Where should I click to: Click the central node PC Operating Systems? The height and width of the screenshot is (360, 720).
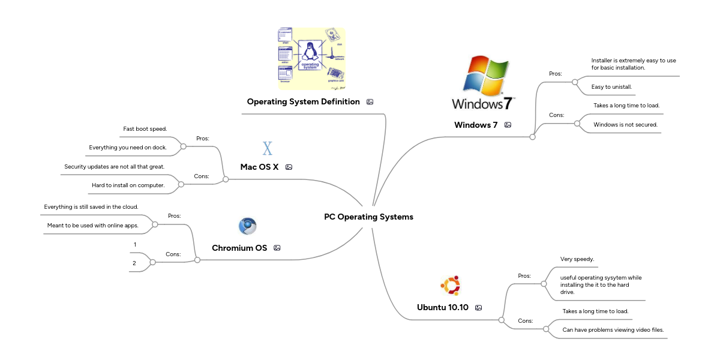(x=368, y=217)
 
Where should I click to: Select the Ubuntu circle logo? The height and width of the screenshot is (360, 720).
(x=450, y=286)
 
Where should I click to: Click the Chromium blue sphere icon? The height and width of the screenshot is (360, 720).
(x=247, y=226)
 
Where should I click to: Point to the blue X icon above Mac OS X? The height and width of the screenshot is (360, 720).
(x=268, y=148)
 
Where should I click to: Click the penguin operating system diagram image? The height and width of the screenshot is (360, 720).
(x=311, y=58)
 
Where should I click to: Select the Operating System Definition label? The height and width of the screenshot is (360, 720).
(x=303, y=101)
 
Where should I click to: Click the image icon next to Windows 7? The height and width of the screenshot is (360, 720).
(x=508, y=125)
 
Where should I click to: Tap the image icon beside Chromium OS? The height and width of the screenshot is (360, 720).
(x=277, y=248)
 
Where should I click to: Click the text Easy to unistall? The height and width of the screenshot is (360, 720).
(x=611, y=87)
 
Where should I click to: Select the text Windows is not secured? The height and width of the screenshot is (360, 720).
(x=625, y=125)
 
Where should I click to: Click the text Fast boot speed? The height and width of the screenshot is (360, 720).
(x=145, y=128)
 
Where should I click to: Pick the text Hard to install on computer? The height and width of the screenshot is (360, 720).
(x=128, y=185)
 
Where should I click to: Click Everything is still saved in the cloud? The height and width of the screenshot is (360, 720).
(x=91, y=206)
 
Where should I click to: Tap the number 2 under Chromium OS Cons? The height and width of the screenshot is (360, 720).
(x=134, y=263)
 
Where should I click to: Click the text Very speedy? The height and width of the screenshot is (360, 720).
(x=577, y=259)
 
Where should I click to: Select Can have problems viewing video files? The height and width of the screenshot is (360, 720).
(x=613, y=330)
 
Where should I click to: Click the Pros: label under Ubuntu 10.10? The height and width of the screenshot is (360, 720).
(x=524, y=275)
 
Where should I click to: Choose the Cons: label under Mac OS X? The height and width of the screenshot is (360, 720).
(x=202, y=176)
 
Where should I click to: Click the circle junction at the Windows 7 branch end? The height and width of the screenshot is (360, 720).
(x=532, y=137)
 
